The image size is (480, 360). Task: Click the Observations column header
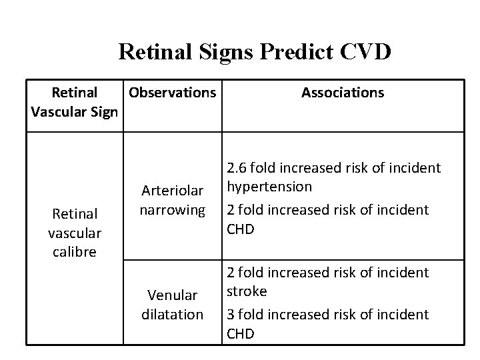173,93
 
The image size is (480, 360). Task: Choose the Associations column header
343,93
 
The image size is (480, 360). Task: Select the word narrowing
173,210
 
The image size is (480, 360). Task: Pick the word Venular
173,295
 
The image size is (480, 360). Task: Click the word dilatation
173,313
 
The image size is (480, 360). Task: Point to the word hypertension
269,186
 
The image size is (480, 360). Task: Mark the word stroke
247,291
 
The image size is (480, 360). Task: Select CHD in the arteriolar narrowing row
241,229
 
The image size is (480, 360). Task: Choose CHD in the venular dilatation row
241,333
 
